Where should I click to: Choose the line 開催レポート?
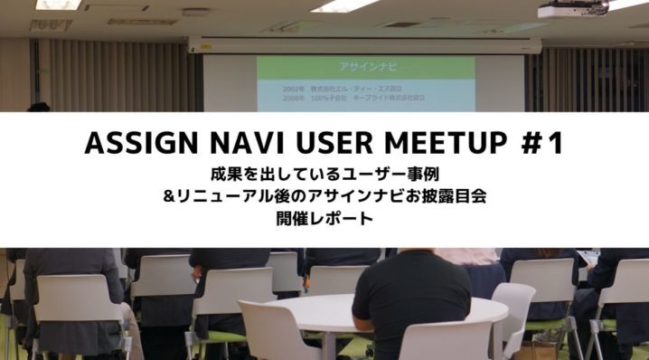324,216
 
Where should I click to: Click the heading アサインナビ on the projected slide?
365,68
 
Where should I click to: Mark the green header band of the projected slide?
365,68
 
